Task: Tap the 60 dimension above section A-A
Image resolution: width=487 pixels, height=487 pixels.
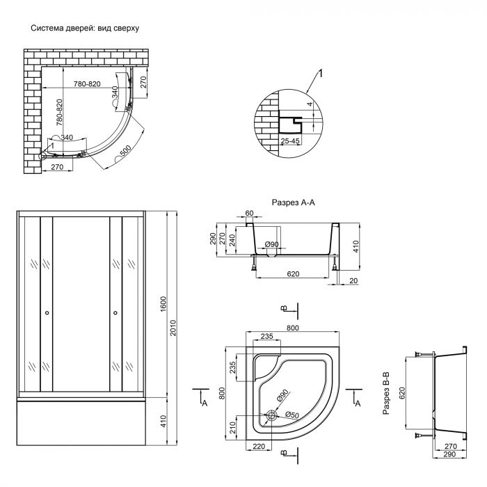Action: click(250, 214)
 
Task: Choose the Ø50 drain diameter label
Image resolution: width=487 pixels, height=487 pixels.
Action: click(292, 416)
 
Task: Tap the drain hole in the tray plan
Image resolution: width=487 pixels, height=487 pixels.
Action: click(272, 416)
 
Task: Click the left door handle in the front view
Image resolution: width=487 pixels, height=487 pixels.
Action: click(47, 313)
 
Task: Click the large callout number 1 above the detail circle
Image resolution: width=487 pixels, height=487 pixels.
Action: click(321, 72)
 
